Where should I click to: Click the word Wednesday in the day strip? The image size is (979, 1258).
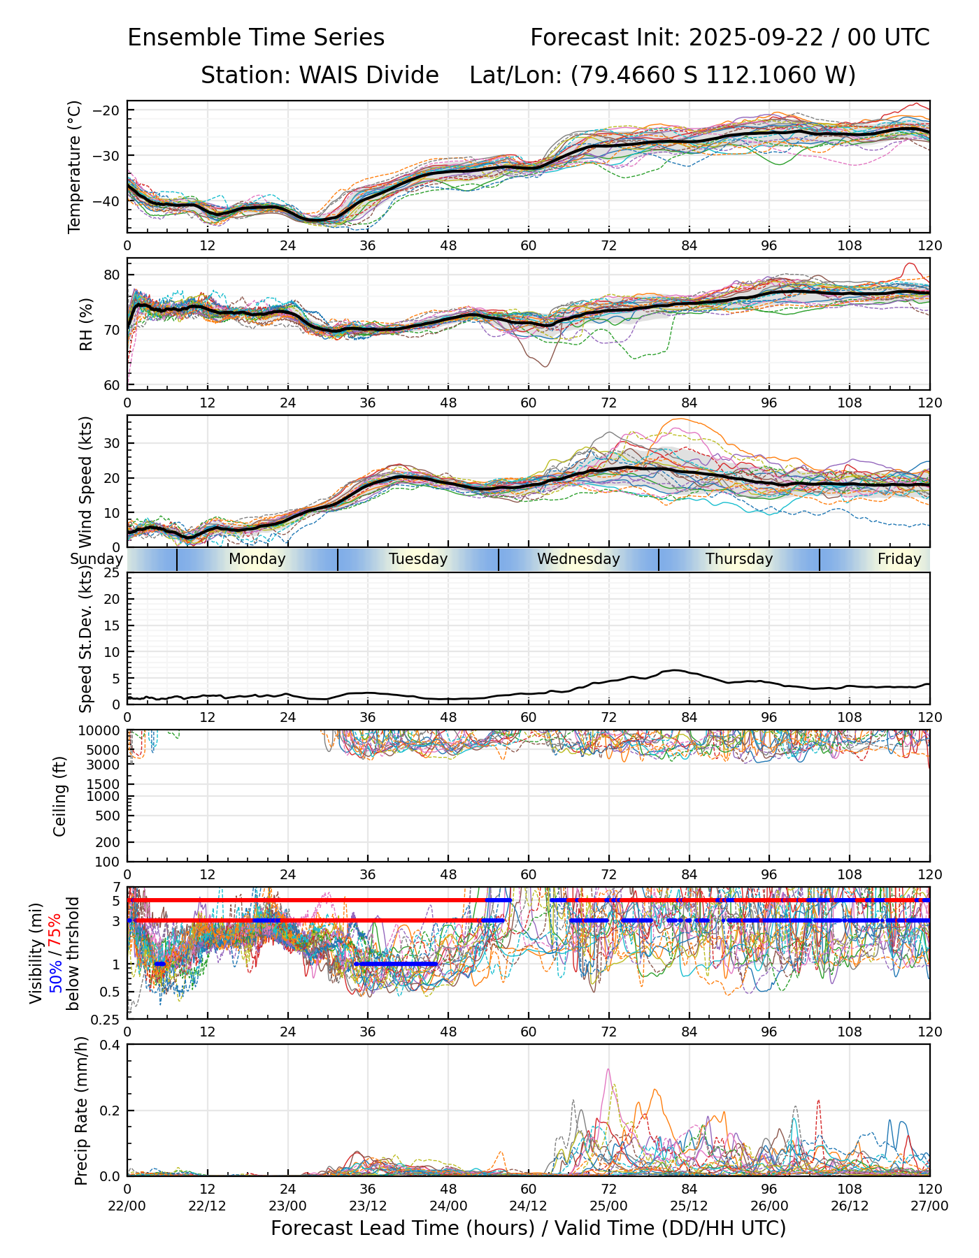click(x=578, y=559)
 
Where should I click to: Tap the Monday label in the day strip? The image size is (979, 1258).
click(x=257, y=559)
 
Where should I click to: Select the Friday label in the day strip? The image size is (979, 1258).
click(x=899, y=559)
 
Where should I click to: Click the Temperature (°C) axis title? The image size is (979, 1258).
click(x=75, y=166)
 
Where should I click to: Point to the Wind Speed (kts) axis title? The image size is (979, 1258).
click(x=86, y=482)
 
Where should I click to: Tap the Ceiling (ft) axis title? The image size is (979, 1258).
click(x=60, y=796)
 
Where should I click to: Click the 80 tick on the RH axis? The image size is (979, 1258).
click(x=111, y=275)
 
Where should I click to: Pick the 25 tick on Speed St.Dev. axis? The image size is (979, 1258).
click(x=111, y=573)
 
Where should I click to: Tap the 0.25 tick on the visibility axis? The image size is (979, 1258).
click(x=107, y=1019)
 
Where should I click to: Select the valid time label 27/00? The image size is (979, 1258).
click(x=929, y=1206)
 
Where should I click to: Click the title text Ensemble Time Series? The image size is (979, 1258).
click(x=256, y=38)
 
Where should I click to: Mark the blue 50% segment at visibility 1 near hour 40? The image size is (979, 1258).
click(x=396, y=964)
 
